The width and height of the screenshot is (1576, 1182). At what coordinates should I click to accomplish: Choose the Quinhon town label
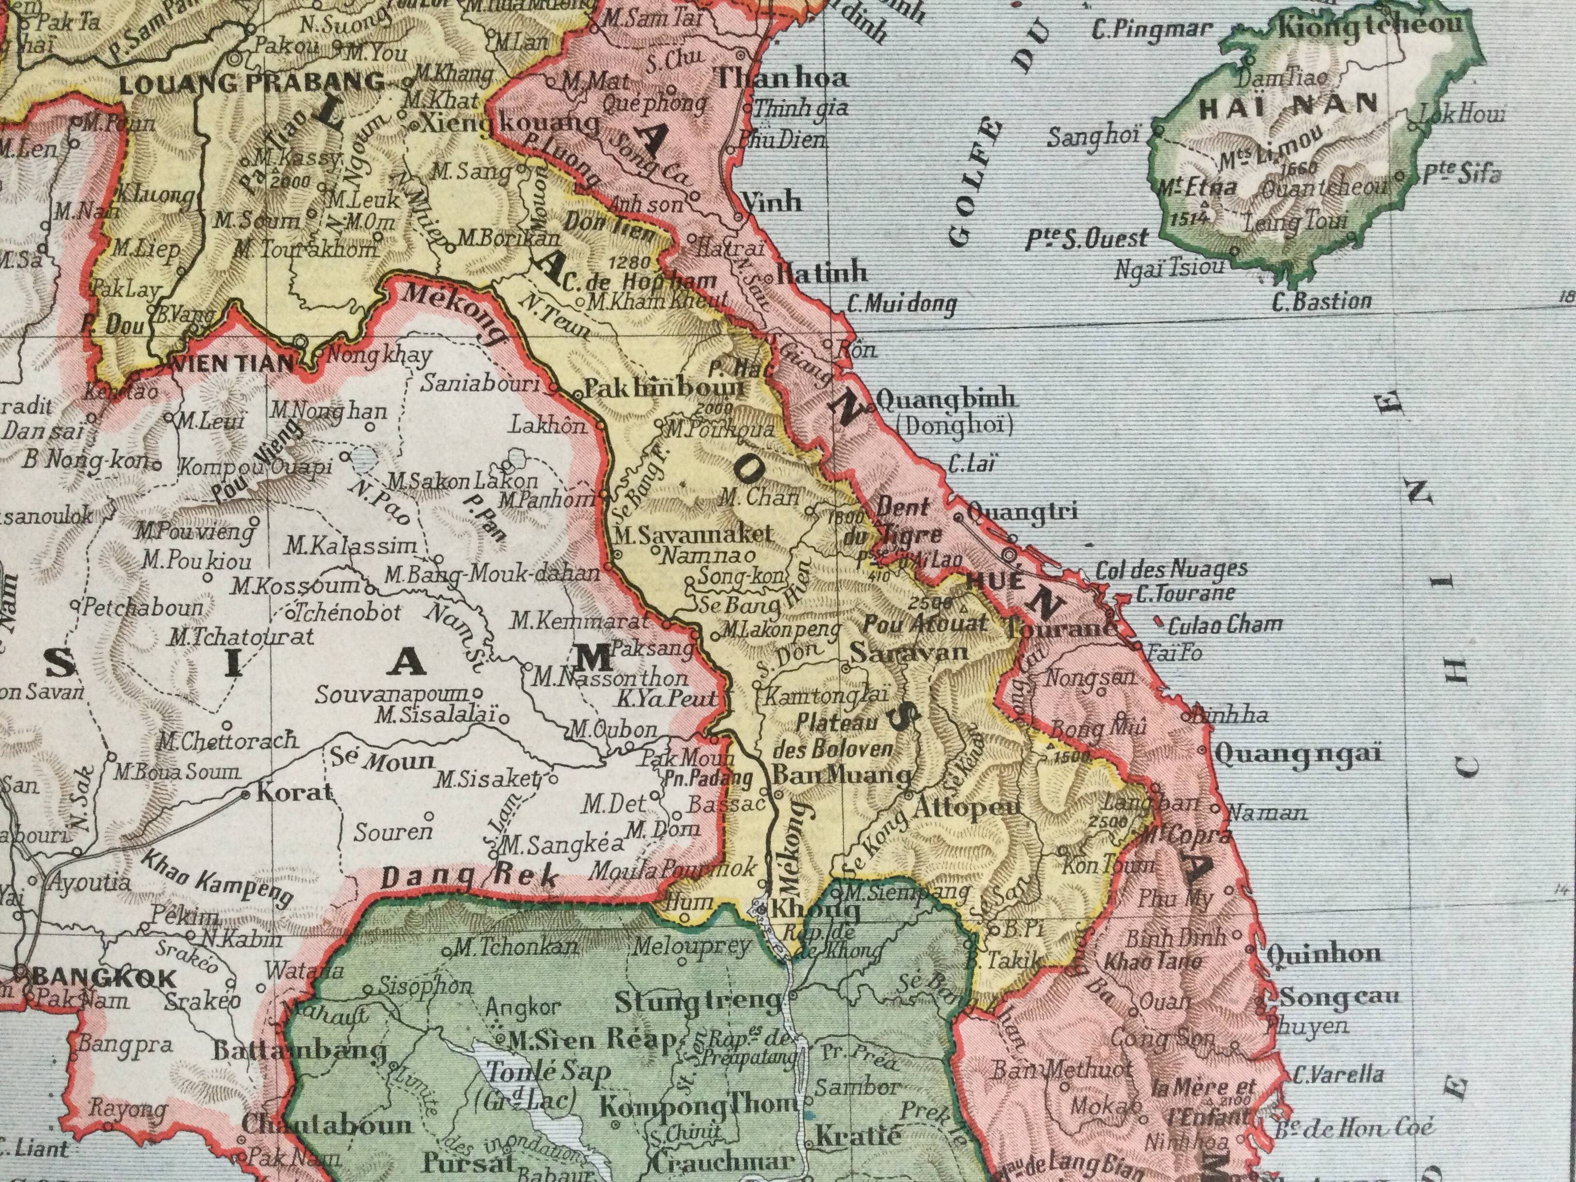pos(1325,953)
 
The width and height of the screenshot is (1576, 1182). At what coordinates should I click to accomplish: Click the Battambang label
pos(299,1050)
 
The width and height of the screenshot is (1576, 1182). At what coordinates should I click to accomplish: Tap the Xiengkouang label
pos(511,123)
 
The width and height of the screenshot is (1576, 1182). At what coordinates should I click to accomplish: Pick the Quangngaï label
pos(1298,753)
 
